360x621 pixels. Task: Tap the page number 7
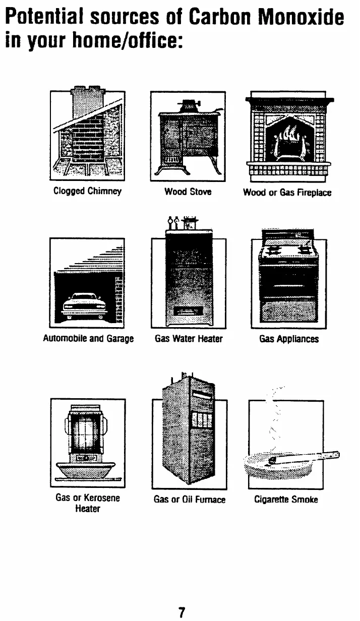[180, 612]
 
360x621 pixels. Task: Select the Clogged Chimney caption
[88, 192]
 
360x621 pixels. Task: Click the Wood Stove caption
[188, 192]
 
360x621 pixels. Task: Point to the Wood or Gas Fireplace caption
[287, 192]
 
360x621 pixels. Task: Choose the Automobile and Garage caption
[88, 339]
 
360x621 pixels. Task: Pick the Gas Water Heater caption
[189, 339]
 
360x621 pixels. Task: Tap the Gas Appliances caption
[289, 339]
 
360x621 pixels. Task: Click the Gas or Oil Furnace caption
[189, 500]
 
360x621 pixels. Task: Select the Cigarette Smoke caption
[286, 500]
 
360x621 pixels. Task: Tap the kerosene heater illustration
[87, 439]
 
